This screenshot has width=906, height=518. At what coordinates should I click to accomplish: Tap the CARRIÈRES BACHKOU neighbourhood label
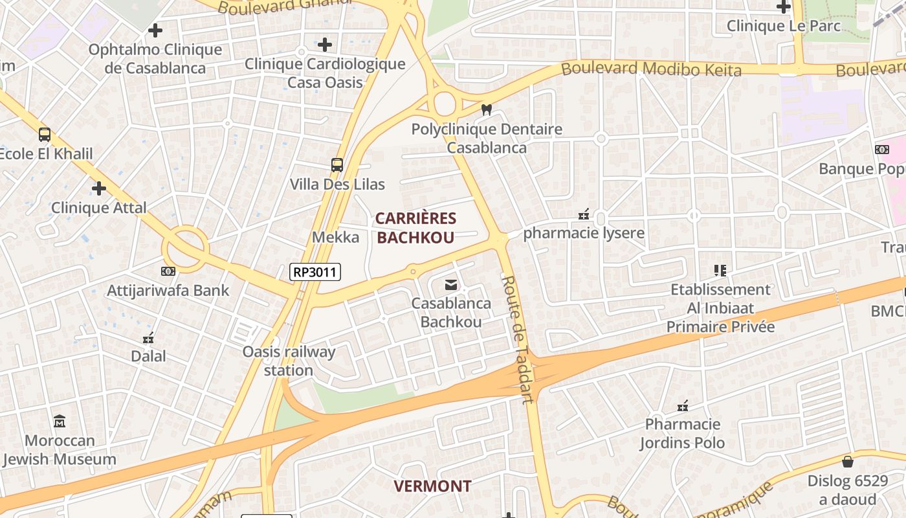click(415, 228)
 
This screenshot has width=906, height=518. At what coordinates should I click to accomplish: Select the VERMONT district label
click(432, 486)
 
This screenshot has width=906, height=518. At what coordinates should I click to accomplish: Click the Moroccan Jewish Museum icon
click(60, 422)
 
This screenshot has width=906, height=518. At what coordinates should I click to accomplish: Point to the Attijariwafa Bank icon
click(168, 271)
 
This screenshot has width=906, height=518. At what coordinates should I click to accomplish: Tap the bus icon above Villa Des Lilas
click(337, 165)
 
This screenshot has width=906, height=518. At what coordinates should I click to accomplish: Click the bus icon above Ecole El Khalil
click(45, 135)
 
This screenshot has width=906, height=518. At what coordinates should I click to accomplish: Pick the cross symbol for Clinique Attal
click(99, 188)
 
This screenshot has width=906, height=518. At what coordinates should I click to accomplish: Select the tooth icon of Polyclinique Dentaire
click(487, 110)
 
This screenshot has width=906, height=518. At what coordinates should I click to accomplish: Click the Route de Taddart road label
click(518, 339)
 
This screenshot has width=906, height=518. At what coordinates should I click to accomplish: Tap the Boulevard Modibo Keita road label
click(651, 69)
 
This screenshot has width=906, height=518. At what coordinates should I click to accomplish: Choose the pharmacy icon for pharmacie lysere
click(584, 214)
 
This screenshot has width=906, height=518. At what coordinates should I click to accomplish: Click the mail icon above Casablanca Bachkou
click(451, 284)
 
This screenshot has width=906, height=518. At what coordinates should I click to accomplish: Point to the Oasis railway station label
click(289, 361)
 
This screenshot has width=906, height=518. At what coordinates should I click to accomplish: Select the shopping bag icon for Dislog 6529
click(847, 462)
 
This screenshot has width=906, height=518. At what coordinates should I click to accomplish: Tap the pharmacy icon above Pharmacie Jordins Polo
click(682, 406)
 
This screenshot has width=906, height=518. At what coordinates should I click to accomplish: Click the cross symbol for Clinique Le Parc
click(784, 7)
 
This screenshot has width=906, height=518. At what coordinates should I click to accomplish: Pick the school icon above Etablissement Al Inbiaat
click(720, 270)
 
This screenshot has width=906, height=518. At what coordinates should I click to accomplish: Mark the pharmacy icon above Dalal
click(148, 337)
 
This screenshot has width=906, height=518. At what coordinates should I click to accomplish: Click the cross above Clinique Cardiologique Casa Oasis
click(325, 45)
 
